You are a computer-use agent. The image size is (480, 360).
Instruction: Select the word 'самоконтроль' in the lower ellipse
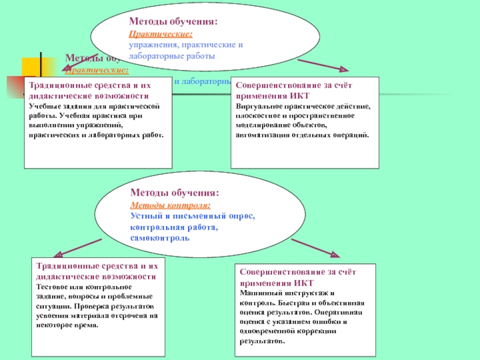tap(160, 238)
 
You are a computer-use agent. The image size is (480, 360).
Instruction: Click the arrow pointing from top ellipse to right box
tap(322, 65)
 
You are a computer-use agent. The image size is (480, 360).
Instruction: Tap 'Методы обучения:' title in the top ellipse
tap(173, 22)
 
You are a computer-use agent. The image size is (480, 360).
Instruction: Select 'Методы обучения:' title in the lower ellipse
tap(174, 193)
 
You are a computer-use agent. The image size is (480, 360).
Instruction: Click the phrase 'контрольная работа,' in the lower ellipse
tap(173, 227)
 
